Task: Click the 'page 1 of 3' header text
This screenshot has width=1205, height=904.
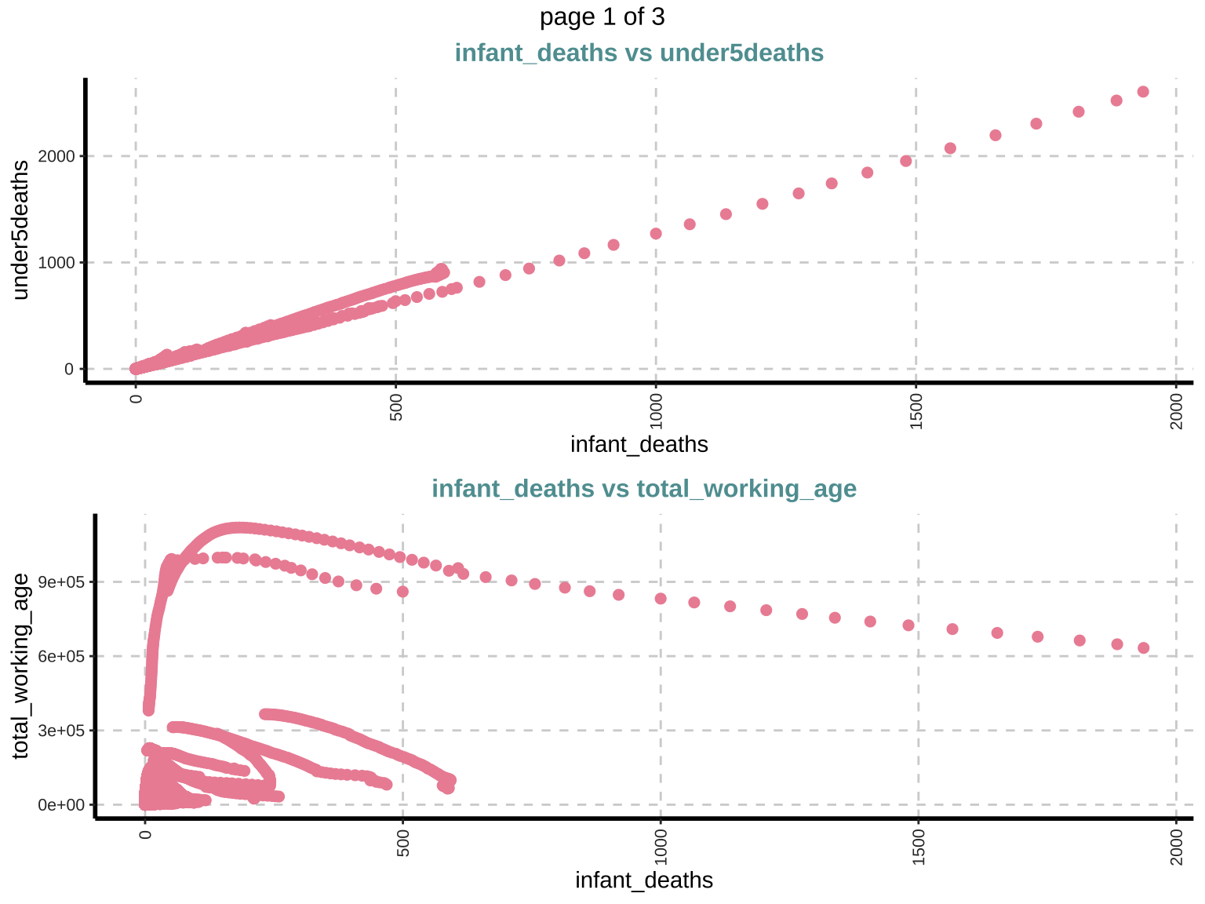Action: [602, 16]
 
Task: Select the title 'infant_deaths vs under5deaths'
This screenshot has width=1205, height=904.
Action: [639, 53]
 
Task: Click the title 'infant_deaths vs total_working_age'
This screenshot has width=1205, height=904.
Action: [643, 489]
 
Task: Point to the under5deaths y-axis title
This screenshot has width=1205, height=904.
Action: [21, 229]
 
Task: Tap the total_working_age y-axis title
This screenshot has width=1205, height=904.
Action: [21, 665]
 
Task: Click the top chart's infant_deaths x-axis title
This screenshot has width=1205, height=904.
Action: [639, 445]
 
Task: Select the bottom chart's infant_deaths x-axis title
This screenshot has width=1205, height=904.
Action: [643, 880]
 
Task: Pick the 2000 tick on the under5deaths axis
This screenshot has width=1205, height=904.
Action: [59, 156]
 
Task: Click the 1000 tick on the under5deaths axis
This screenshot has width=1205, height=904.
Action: [59, 263]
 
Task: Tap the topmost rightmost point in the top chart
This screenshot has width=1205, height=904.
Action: [1143, 92]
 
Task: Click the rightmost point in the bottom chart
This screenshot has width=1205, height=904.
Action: [1143, 648]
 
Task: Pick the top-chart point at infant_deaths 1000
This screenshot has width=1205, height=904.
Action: [656, 234]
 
